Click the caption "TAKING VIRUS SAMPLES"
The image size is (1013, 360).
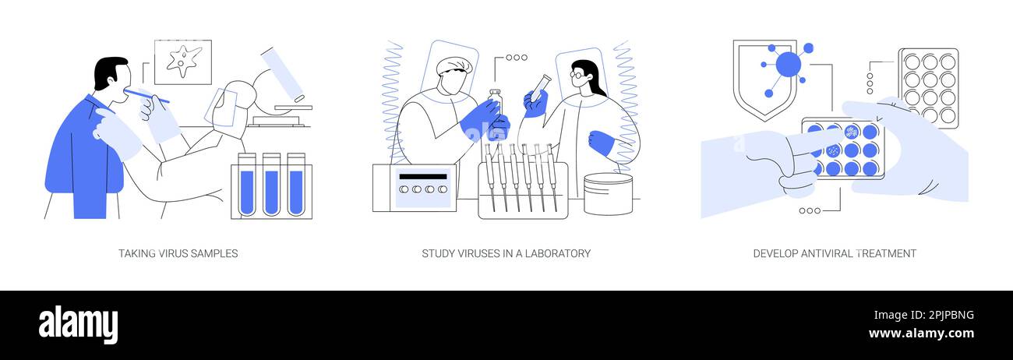pyautogui.click(x=178, y=253)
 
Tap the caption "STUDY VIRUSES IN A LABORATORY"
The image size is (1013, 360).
pyautogui.click(x=506, y=253)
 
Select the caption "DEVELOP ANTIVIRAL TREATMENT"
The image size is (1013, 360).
pyautogui.click(x=834, y=253)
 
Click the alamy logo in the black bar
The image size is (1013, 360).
pyautogui.click(x=78, y=324)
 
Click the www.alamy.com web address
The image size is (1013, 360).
pyautogui.click(x=921, y=334)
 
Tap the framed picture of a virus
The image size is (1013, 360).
pyautogui.click(x=182, y=62)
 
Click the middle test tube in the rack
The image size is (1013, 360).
pyautogui.click(x=270, y=187)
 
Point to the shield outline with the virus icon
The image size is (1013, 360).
pyautogui.click(x=764, y=78)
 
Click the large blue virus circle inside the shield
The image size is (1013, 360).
pyautogui.click(x=788, y=65)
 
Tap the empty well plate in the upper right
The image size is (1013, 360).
pyautogui.click(x=928, y=88)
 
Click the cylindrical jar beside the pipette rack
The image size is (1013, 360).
pyautogui.click(x=608, y=193)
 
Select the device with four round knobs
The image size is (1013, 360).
pyautogui.click(x=414, y=188)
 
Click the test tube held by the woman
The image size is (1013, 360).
pyautogui.click(x=539, y=86)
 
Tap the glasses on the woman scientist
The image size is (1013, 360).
pyautogui.click(x=578, y=76)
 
